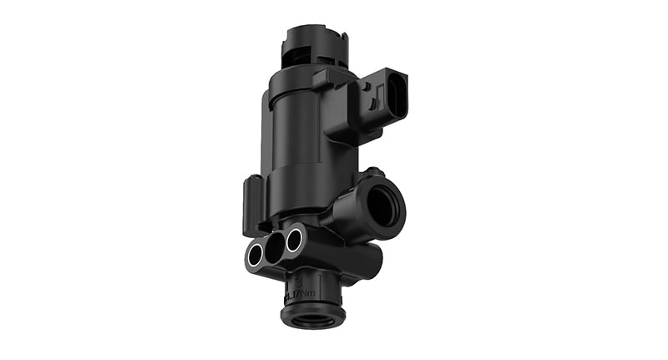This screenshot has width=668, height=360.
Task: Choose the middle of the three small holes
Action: coord(274,246)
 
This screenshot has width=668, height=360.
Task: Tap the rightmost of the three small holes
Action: coord(294,240)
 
